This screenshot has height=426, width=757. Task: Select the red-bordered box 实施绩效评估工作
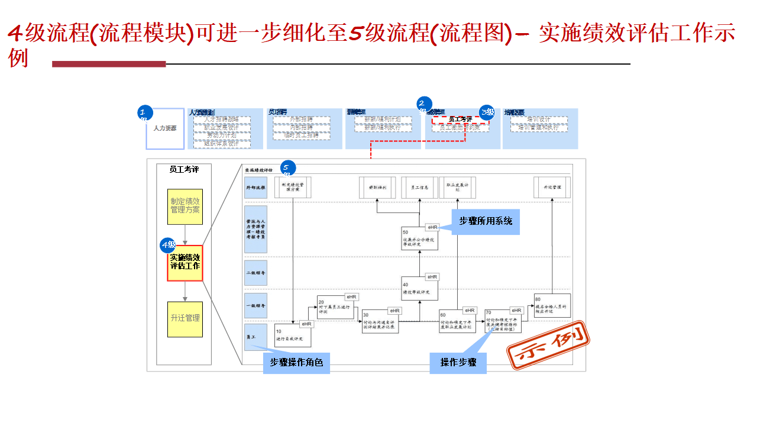tap(185, 263)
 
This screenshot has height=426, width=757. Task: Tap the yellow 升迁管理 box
tap(185, 318)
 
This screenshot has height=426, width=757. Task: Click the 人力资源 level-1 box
tap(165, 128)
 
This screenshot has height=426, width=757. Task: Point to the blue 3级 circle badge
tap(487, 112)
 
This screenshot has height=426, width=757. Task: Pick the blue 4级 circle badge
tap(168, 245)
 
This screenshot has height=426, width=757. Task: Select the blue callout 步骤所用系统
tap(486, 221)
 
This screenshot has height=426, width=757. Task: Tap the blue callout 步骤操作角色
tap(297, 363)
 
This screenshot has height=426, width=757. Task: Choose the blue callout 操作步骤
tap(458, 363)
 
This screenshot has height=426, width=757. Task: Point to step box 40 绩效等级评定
tap(420, 288)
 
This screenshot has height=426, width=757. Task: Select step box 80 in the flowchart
tap(552, 305)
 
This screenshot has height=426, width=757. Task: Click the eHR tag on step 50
tap(432, 227)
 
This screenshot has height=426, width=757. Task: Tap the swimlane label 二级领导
tap(255, 273)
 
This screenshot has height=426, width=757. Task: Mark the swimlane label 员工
tap(255, 337)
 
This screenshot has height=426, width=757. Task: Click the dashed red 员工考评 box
tap(460, 120)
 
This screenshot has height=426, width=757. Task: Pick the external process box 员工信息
tap(420, 187)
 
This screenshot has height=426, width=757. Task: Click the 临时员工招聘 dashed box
tap(301, 135)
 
